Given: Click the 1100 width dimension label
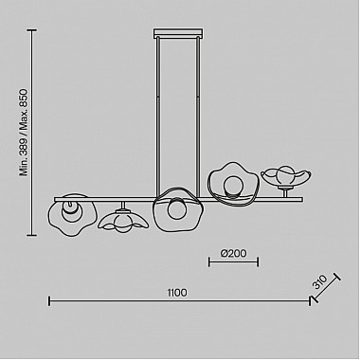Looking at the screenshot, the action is click(177, 293).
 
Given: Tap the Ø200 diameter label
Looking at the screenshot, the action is click(234, 253).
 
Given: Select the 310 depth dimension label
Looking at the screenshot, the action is click(319, 282).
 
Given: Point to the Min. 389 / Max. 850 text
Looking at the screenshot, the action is click(24, 133).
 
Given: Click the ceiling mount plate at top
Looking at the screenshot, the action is click(178, 33).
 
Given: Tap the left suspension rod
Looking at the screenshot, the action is click(157, 117).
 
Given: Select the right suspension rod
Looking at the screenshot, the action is click(198, 117).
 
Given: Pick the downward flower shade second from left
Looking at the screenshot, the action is click(123, 220).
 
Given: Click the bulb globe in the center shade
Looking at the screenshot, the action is click(176, 208).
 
